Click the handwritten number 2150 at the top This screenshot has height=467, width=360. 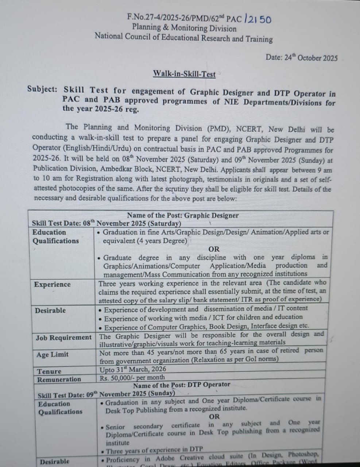pos(258,19)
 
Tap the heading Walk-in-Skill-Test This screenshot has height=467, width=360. pos(184,74)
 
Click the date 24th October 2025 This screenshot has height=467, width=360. pos(302,58)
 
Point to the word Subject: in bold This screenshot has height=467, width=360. pos(42,89)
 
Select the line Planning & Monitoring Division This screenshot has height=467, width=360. pos(184,28)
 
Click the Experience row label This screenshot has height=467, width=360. pos(52,285)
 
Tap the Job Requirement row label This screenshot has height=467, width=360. pos(63,337)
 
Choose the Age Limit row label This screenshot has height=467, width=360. pos(52,354)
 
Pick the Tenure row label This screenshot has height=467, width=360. pos(49,371)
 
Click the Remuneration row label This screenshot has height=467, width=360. pos(59,379)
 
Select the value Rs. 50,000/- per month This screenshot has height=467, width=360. pos(132,378)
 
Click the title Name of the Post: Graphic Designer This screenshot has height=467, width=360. pos(183,216)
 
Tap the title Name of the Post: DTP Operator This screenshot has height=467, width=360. pos(182,385)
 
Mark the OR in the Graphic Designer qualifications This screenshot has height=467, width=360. pos(214,249)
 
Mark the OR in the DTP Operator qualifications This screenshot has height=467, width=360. pos(214,417)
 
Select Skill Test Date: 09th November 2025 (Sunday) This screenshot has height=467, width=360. pos(107,394)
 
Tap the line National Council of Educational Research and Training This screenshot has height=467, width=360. pos(184,38)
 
